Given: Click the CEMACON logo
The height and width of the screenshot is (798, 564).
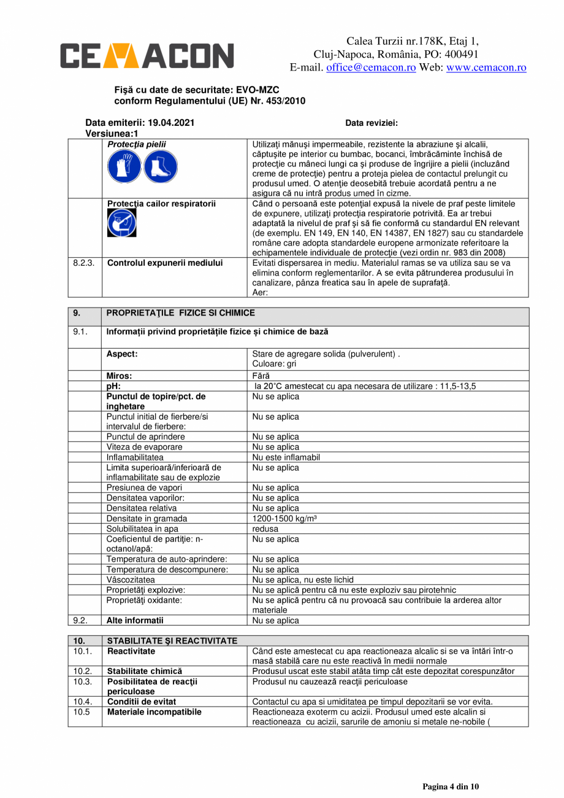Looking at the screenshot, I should click(x=147, y=55).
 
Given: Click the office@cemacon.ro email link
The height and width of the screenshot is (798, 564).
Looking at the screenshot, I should click(x=371, y=68).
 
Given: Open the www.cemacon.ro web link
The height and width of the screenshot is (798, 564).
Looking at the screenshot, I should click(x=486, y=68).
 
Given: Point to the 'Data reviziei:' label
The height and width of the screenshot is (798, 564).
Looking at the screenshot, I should click(x=372, y=123).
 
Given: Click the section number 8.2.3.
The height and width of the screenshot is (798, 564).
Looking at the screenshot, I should click(x=83, y=263).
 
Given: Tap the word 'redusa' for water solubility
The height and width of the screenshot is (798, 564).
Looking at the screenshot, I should click(x=266, y=529).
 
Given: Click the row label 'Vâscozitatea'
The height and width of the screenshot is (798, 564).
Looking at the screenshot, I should click(x=131, y=579).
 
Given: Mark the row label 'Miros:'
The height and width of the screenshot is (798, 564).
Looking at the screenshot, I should click(x=120, y=376).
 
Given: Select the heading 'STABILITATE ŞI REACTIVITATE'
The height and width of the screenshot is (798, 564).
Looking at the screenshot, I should click(x=172, y=641).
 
